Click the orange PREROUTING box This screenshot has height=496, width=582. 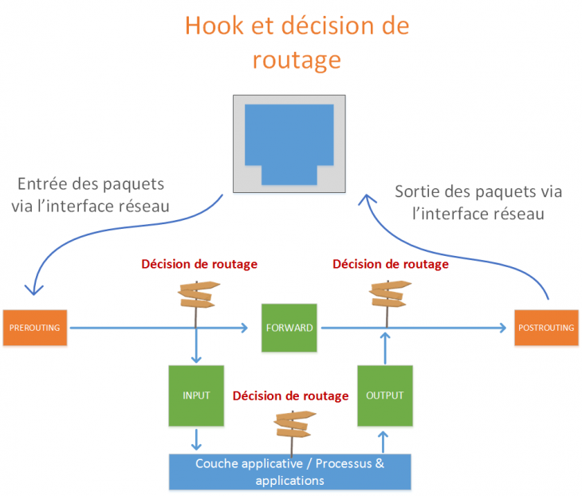click(36, 327)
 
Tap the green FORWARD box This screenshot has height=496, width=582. click(289, 327)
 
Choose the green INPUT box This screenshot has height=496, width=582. click(196, 396)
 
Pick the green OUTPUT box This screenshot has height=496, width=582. click(385, 396)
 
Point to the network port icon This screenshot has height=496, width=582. click(289, 144)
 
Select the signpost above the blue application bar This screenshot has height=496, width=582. click(292, 426)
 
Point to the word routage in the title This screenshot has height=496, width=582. click(297, 59)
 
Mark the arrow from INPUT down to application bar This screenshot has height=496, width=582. click(196, 439)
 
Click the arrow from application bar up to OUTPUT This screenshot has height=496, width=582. click(385, 441)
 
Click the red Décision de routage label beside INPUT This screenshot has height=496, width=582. click(290, 396)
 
